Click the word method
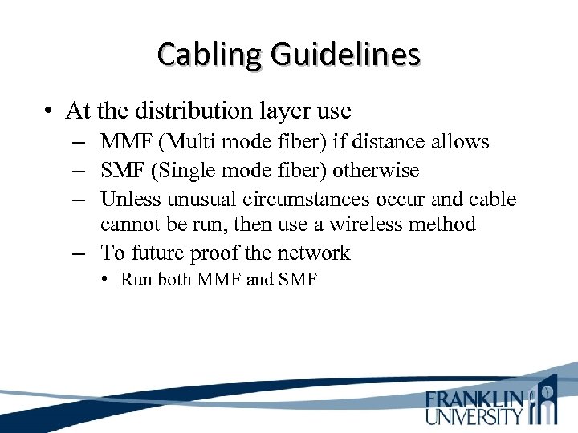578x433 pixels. [x=447, y=225]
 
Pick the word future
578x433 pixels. [x=157, y=253]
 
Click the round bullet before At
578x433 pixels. [x=49, y=111]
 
